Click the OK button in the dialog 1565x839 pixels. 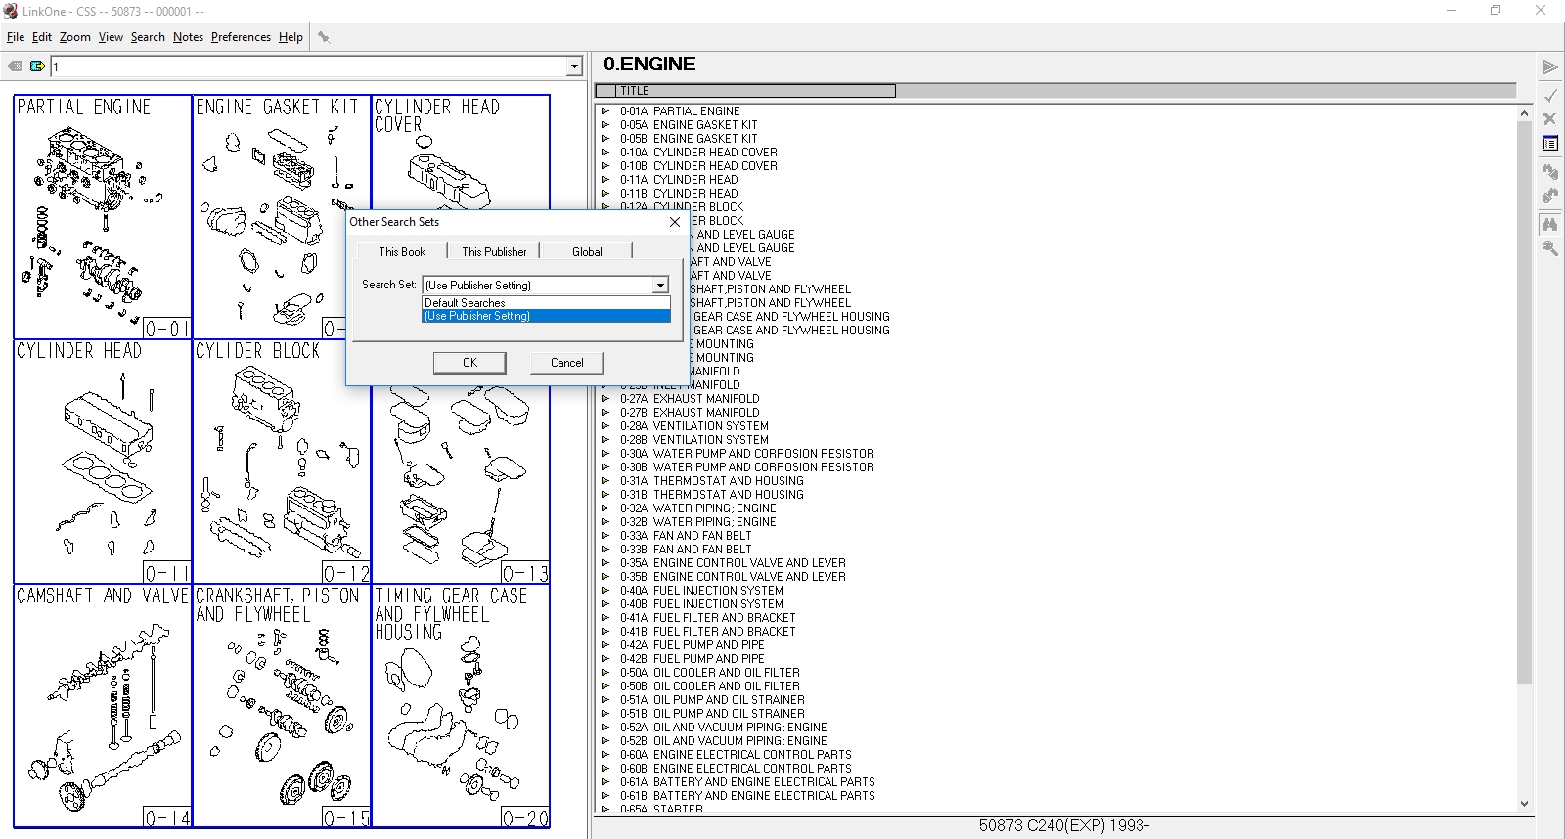469,363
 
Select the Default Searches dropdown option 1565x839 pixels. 465,303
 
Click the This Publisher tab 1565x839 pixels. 494,252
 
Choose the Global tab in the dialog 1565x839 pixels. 587,252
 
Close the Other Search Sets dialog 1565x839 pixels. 674,222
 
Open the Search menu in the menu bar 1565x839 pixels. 148,37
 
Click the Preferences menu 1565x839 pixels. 241,37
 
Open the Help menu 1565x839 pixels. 291,37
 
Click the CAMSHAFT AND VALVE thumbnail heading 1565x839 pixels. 103,596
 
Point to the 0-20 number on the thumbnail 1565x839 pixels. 525,818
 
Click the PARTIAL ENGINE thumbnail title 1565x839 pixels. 84,107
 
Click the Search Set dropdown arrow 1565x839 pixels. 660,286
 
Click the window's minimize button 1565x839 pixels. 1452,11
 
